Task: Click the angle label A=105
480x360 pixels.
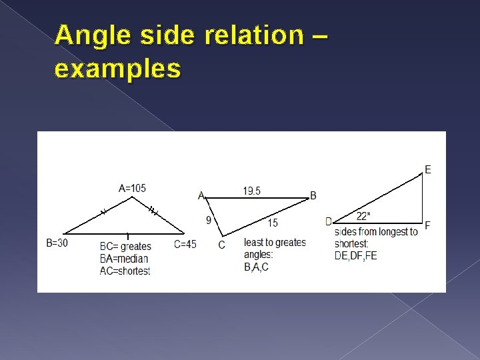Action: [x=132, y=188]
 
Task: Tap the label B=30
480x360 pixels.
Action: [x=57, y=243]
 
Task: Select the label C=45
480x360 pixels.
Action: [x=185, y=244]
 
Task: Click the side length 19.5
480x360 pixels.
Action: [x=252, y=191]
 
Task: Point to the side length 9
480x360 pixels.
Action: [x=208, y=221]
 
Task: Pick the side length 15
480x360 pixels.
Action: [x=273, y=223]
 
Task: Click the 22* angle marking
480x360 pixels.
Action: [x=363, y=216]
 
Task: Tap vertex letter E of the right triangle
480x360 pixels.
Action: [x=427, y=170]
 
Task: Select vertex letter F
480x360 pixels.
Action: [x=427, y=225]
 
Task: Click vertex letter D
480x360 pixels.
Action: [x=329, y=221]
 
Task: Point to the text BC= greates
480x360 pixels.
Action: [x=125, y=247]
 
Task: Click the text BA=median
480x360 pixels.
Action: [x=124, y=259]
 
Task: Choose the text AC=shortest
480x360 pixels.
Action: [x=125, y=271]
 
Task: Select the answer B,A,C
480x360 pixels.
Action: [x=257, y=267]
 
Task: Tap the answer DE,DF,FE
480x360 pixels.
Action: [x=355, y=255]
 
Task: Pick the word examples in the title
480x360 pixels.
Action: [x=118, y=68]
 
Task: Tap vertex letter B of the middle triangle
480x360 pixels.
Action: [x=313, y=195]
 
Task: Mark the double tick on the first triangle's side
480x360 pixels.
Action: [x=153, y=211]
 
